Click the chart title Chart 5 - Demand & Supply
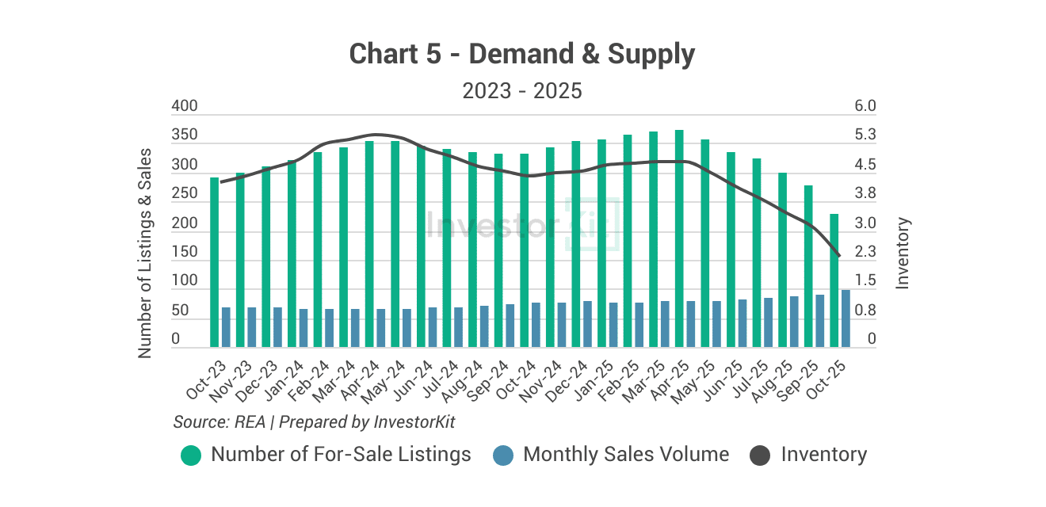click(522, 54)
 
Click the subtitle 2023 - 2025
click(522, 91)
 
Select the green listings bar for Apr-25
click(679, 238)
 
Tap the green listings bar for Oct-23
click(214, 261)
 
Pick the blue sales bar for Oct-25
click(846, 318)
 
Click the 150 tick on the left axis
click(185, 252)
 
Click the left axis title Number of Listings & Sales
click(144, 252)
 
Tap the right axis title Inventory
click(903, 252)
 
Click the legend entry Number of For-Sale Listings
click(341, 455)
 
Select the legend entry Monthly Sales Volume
click(626, 455)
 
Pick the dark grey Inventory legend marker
click(760, 456)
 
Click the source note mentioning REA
click(314, 421)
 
